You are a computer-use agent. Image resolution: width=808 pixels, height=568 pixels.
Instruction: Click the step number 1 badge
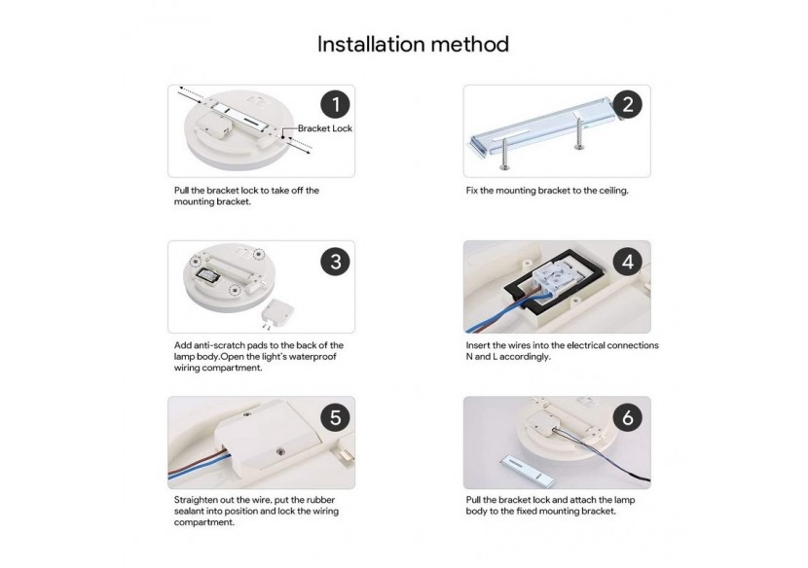pyautogui.click(x=336, y=104)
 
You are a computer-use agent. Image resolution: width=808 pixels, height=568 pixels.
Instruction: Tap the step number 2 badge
pyautogui.click(x=628, y=104)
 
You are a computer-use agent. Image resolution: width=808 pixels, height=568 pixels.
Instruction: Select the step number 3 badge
pyautogui.click(x=336, y=261)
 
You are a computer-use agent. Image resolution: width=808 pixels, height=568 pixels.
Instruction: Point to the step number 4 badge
pyautogui.click(x=628, y=261)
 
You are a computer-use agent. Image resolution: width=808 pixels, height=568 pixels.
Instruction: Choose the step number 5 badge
pyautogui.click(x=336, y=417)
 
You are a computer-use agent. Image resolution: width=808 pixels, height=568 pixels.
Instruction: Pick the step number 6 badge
pyautogui.click(x=628, y=417)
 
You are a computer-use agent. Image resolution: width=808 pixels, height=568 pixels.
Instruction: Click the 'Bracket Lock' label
pyautogui.click(x=324, y=128)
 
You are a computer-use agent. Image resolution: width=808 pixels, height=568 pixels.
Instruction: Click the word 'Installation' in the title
pyautogui.click(x=371, y=45)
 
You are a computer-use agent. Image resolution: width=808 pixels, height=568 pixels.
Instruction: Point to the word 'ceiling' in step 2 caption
pyautogui.click(x=613, y=191)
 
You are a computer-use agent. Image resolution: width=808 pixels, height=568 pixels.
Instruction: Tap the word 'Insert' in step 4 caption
pyautogui.click(x=478, y=345)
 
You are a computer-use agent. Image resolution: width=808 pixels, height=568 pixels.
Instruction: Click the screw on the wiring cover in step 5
pyautogui.click(x=280, y=451)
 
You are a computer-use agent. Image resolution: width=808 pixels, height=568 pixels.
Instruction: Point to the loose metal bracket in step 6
pyautogui.click(x=527, y=470)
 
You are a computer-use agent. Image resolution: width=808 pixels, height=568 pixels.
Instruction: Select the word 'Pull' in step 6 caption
pyautogui.click(x=473, y=500)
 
